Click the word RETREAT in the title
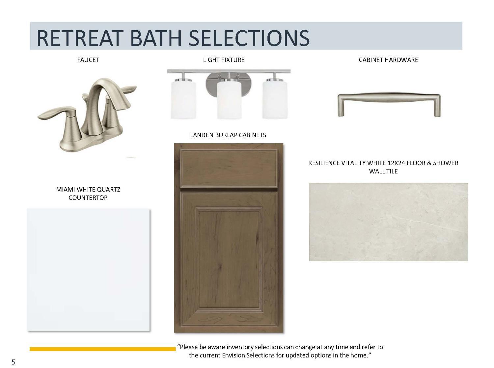coord(80,38)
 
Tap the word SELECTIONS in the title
coord(249,38)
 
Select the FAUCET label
coord(88,60)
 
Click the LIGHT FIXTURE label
coord(224,60)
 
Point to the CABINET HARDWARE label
coord(388,60)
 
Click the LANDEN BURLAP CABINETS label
coord(228,135)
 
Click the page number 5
coord(14,362)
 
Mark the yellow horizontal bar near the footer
coord(103,349)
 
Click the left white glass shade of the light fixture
coord(183,99)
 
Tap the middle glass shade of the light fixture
coord(229,99)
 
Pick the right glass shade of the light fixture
coord(275,99)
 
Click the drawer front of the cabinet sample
coord(229,168)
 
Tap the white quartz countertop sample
coord(88,270)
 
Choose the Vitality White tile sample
coord(389,222)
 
